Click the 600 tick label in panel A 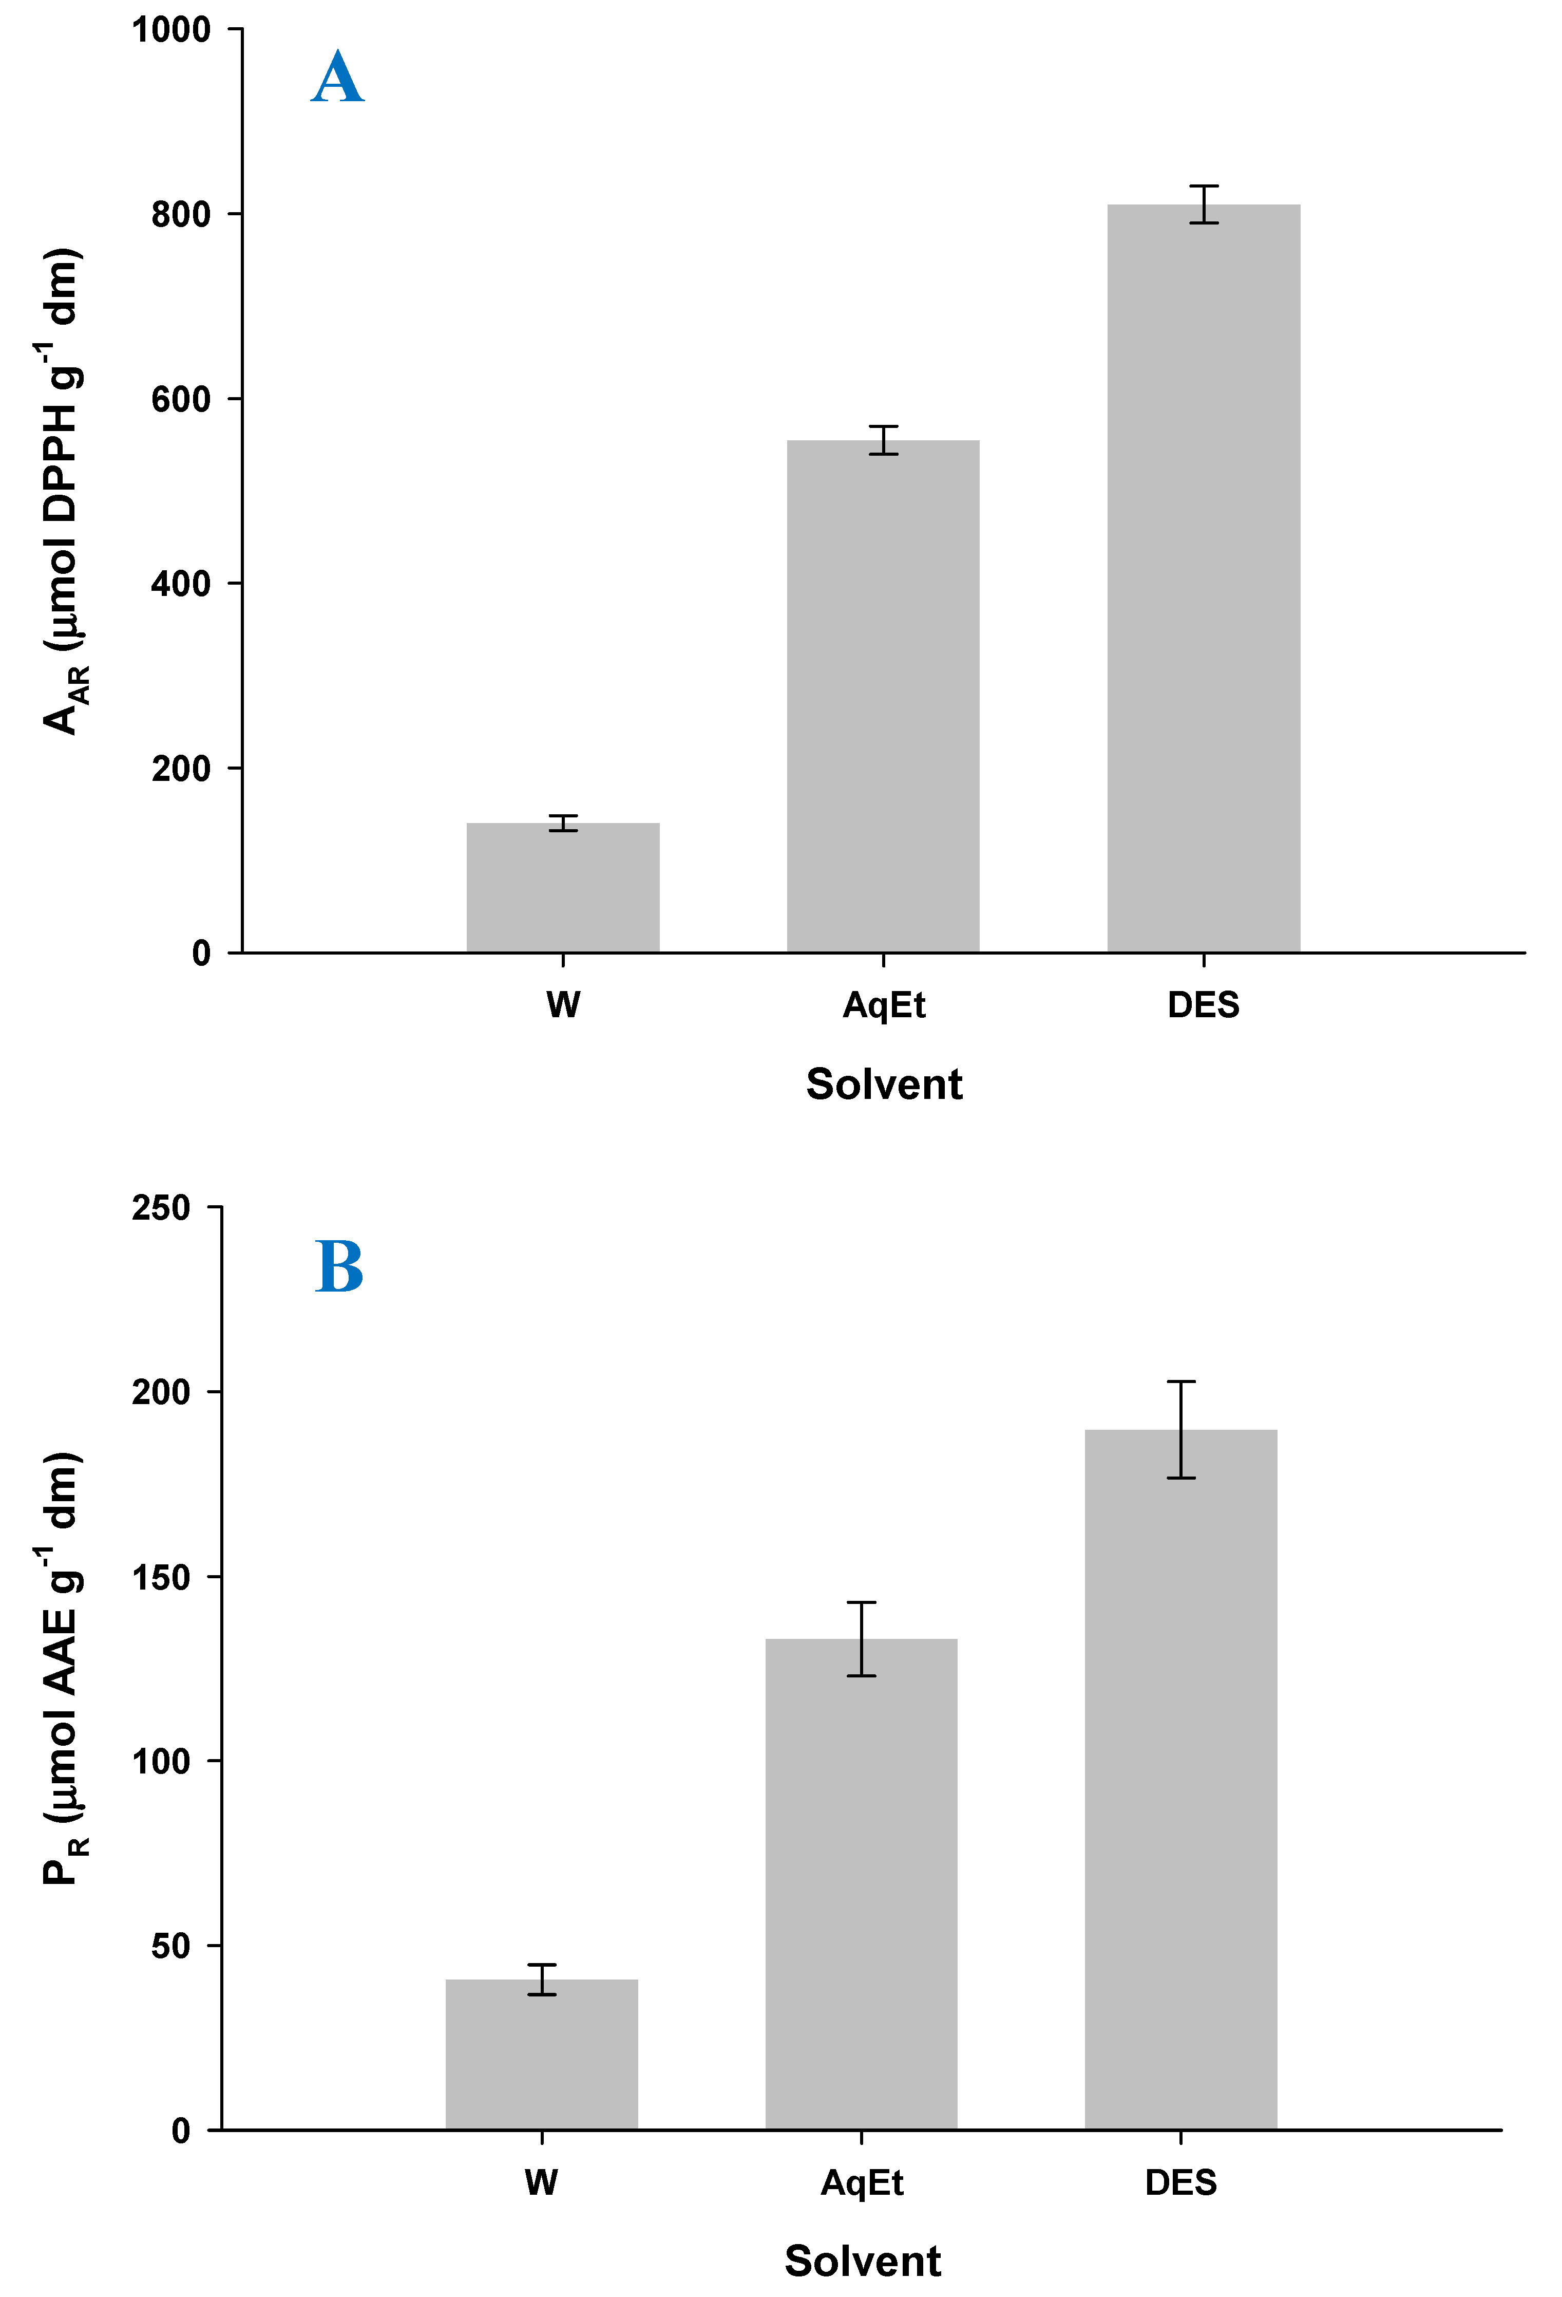(x=181, y=399)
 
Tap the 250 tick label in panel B (x=161, y=1208)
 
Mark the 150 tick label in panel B (x=161, y=1577)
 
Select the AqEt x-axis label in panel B (x=862, y=2182)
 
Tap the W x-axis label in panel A (x=563, y=1005)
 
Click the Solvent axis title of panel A (x=883, y=1084)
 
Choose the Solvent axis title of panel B (x=863, y=2262)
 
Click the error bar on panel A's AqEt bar (x=883, y=440)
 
